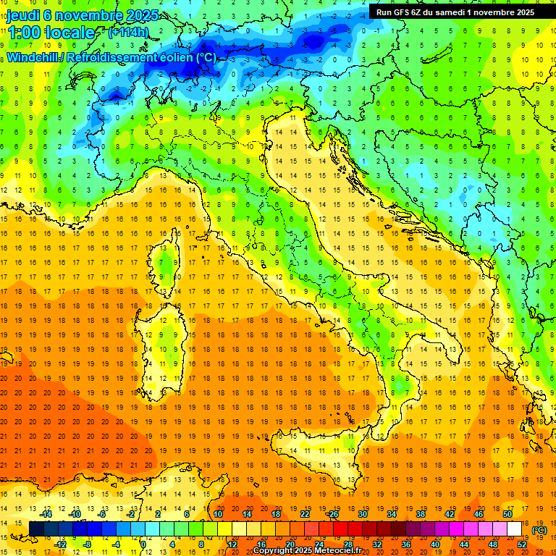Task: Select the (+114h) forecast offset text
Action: pos(129,32)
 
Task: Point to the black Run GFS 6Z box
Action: pos(455,12)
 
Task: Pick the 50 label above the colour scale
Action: pos(507,514)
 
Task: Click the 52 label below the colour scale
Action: pos(522,544)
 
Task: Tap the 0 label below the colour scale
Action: pos(143,544)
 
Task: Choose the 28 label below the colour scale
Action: pos(347,544)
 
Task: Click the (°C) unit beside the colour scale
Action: pos(539,530)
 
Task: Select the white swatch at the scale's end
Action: pos(514,529)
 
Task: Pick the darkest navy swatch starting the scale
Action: pos(36,529)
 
